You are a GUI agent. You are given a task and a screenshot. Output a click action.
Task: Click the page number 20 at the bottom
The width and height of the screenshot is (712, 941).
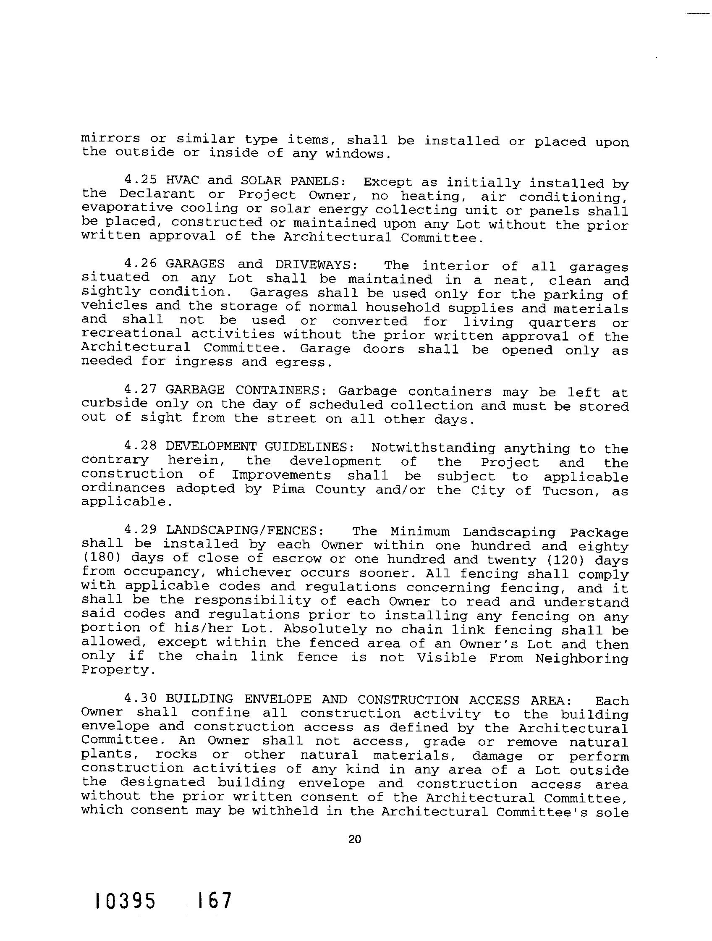[354, 839]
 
